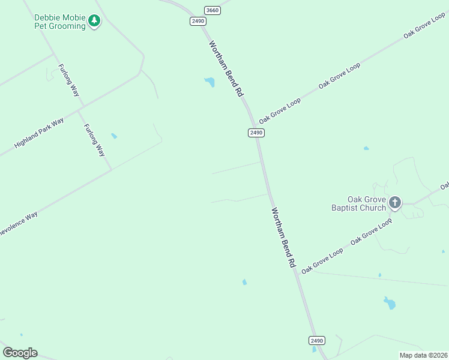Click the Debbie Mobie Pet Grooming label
click(59, 22)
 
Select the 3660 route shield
click(212, 10)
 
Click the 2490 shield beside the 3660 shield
click(197, 21)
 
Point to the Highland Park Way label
click(39, 133)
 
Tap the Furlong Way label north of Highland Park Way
click(68, 80)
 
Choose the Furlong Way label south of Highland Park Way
click(94, 140)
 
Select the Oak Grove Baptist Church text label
click(358, 203)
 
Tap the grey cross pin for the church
click(394, 202)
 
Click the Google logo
click(20, 353)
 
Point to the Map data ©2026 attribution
click(423, 355)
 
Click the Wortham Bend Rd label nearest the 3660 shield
click(226, 68)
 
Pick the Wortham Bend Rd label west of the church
click(283, 238)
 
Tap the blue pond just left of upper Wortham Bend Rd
click(209, 82)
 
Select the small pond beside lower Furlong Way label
click(114, 136)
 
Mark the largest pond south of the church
click(390, 303)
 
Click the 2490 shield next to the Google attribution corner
click(317, 340)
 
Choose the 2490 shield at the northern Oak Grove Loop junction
click(256, 133)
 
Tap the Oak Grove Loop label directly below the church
click(371, 231)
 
